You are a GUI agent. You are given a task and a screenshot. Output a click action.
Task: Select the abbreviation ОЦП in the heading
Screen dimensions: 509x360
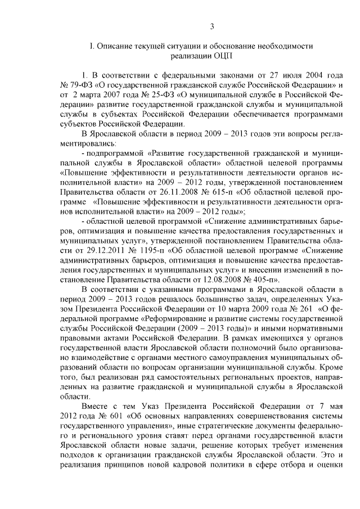pos(220,56)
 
